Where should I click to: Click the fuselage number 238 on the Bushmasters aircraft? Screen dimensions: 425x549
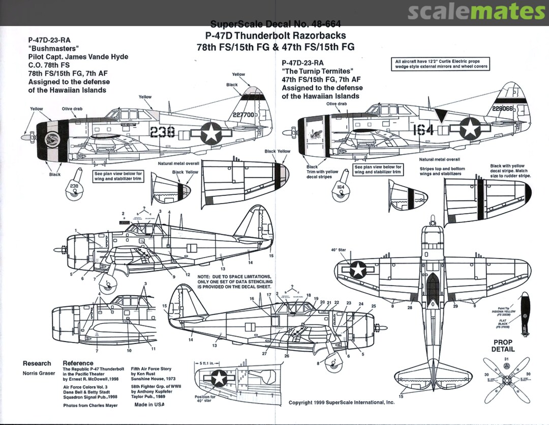click(x=163, y=132)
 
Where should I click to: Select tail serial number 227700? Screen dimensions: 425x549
click(x=242, y=115)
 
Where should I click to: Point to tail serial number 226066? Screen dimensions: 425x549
click(x=504, y=108)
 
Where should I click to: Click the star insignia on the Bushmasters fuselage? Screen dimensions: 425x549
click(x=209, y=132)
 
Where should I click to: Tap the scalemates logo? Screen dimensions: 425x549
click(x=476, y=12)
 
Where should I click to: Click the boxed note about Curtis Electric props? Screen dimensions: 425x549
click(x=441, y=64)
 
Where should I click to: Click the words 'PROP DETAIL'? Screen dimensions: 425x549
click(x=503, y=346)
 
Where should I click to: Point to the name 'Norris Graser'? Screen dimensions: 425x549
click(x=39, y=373)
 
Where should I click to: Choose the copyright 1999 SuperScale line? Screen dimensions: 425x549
click(x=341, y=402)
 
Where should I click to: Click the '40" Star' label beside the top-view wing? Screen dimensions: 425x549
click(x=339, y=250)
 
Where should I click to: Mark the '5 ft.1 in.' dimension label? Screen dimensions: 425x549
click(x=208, y=363)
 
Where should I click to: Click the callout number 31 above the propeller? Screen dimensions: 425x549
click(x=506, y=359)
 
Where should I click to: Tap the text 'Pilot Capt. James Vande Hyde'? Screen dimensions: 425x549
click(x=78, y=56)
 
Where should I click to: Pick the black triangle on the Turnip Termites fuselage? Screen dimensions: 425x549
click(x=440, y=116)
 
